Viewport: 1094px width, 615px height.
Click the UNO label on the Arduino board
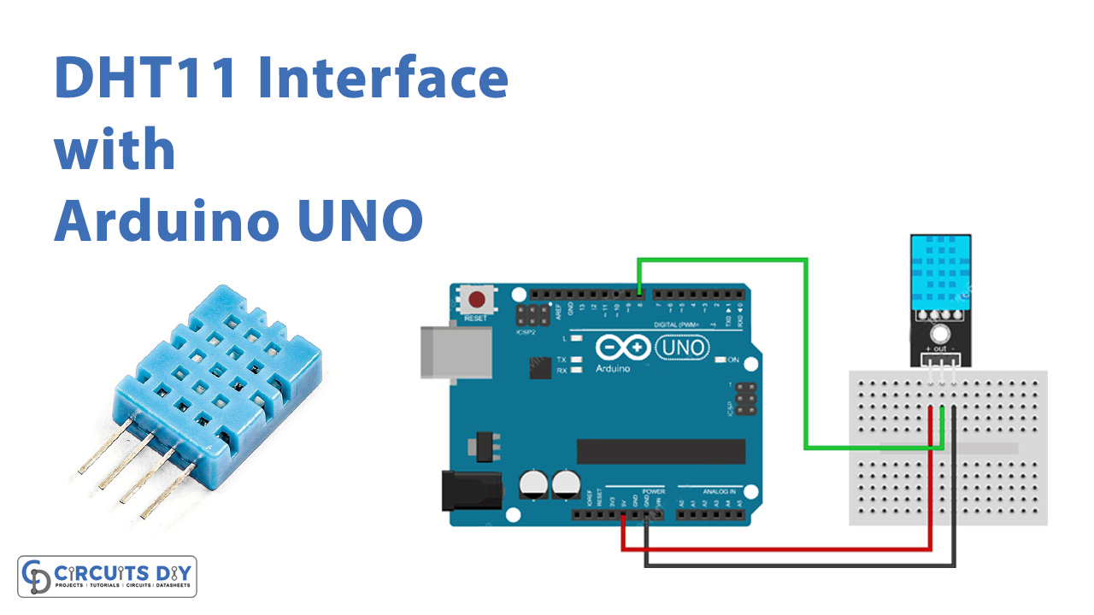pos(681,348)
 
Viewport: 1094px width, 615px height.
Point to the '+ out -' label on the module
pos(939,348)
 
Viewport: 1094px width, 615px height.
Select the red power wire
pos(769,549)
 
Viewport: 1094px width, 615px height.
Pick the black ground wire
pos(795,565)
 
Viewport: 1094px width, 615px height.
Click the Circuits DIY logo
pos(108,576)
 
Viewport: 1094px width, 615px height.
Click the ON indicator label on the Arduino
pos(732,360)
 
